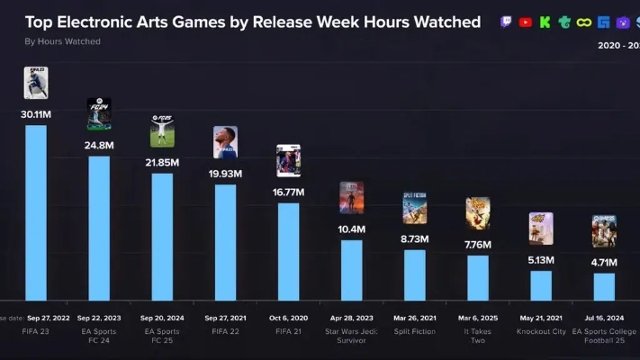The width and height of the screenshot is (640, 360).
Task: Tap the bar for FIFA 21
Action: coord(288,251)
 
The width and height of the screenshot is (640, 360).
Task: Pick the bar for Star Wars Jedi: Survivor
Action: coord(351,269)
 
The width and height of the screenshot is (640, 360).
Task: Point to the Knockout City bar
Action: coord(541,284)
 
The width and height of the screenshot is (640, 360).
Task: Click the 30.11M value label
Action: coord(36,113)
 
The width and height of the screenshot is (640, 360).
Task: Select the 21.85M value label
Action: coord(162,162)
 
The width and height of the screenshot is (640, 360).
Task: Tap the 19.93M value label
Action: coord(225,174)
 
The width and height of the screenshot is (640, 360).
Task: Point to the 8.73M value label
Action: coord(414,238)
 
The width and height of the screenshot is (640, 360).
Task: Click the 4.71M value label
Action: coord(604,262)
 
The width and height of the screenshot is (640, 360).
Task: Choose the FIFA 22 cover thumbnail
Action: coord(225,142)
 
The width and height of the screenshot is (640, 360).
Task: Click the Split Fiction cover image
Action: coord(414,208)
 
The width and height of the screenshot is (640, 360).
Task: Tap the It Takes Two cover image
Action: coord(477,214)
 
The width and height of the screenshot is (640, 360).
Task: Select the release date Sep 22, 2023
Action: coord(99,319)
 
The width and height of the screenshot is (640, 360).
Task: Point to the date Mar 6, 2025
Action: coord(477,319)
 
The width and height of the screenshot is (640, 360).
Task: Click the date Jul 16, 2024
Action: coord(604,319)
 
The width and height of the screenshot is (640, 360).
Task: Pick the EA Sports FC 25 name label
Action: coord(162,337)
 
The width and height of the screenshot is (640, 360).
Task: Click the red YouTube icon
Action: coord(526,22)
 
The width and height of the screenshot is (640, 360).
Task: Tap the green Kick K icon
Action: coord(545,22)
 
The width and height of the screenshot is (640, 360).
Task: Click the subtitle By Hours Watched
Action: coord(62,41)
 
